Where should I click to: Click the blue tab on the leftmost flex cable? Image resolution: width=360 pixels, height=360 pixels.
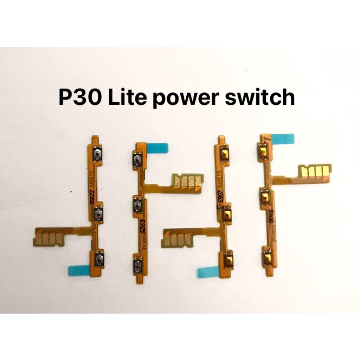(79, 270)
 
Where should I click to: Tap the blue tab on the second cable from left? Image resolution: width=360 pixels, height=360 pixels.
(158, 148)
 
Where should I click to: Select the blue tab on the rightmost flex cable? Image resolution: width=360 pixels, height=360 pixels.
(283, 139)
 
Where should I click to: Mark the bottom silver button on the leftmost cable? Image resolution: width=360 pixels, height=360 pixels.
(98, 259)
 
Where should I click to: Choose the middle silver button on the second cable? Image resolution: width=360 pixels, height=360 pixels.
(137, 205)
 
